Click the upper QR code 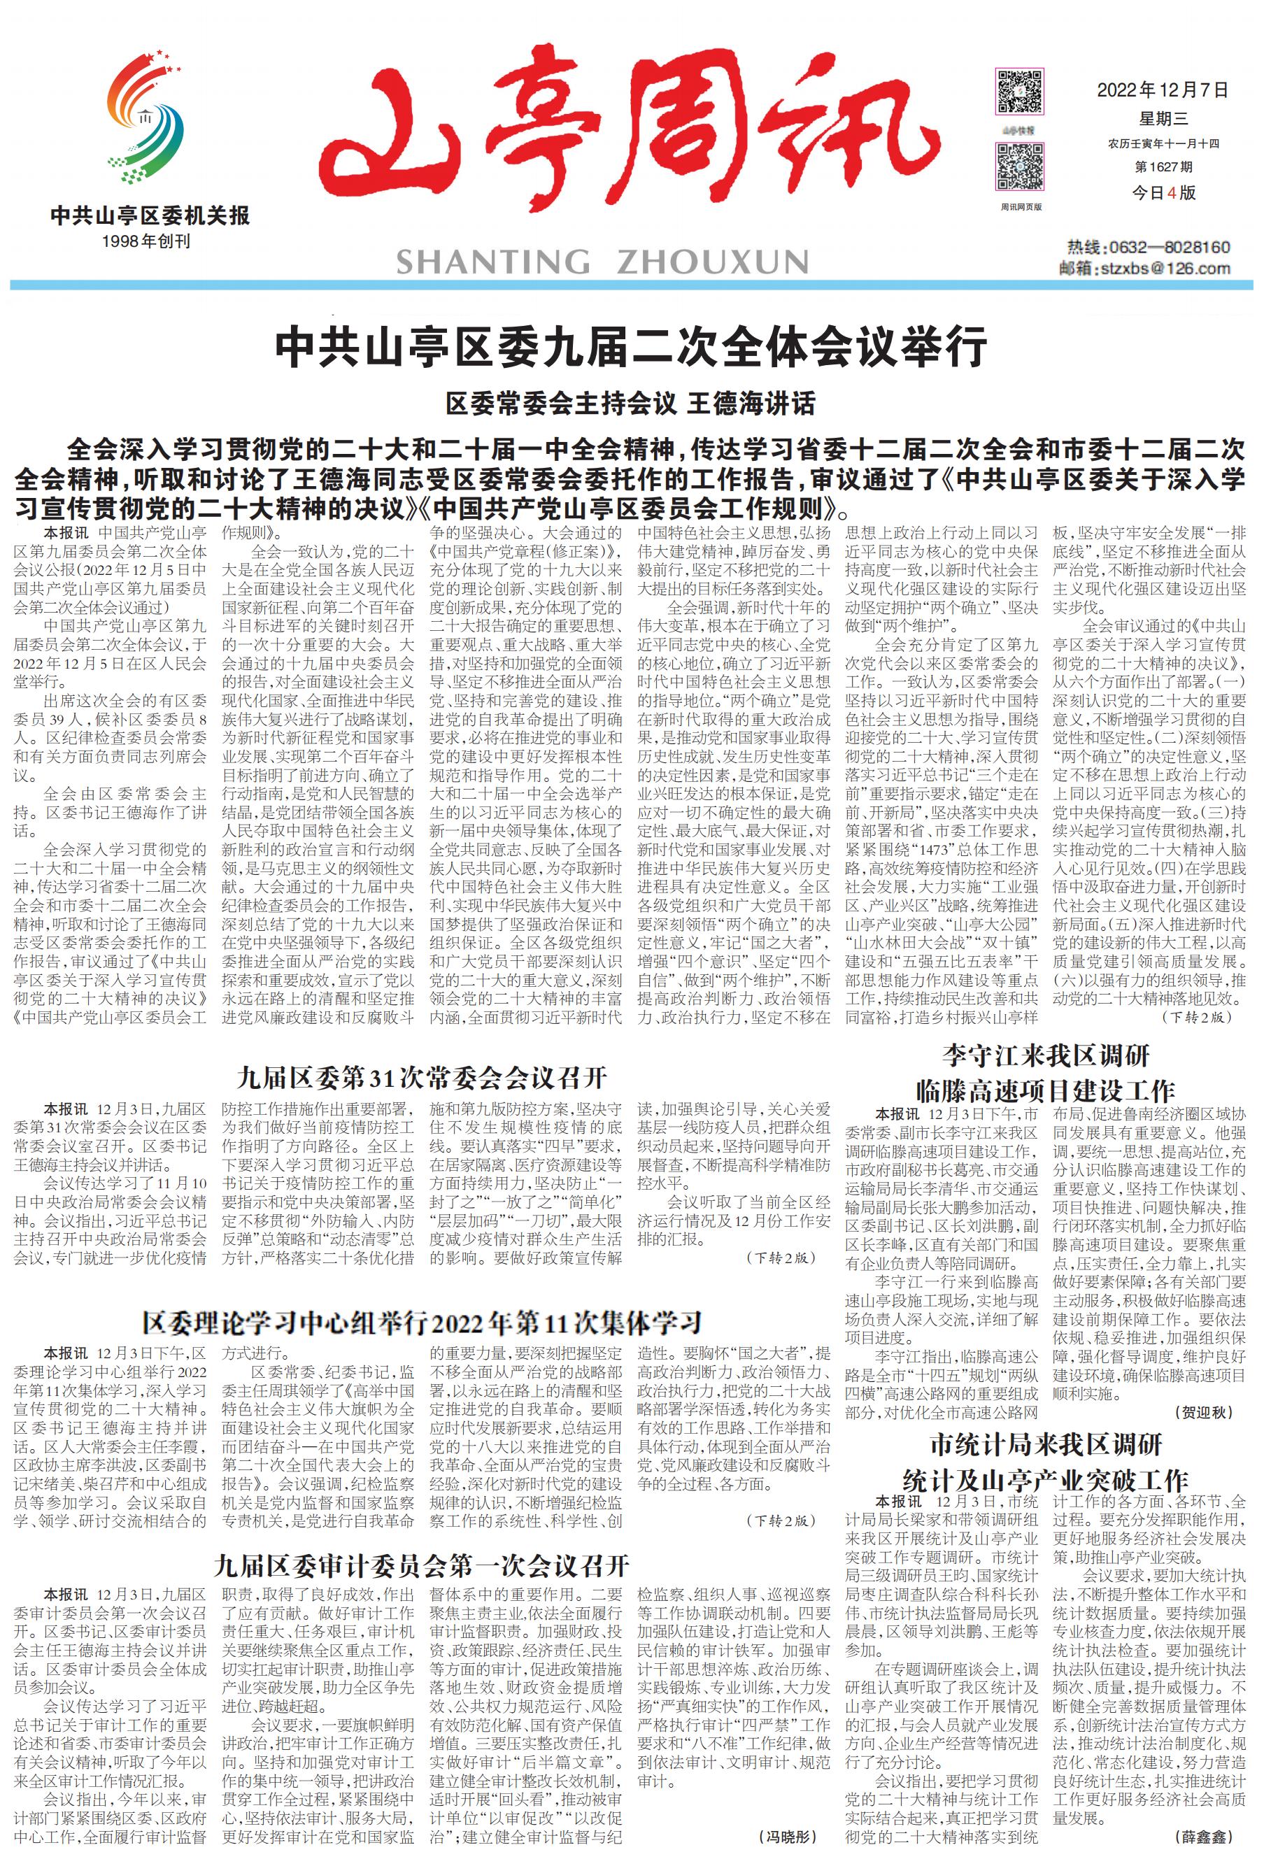point(1020,91)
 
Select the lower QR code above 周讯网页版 point(1020,166)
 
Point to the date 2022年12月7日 point(1162,90)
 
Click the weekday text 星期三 point(1162,119)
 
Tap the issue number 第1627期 point(1163,167)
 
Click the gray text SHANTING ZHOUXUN point(602,262)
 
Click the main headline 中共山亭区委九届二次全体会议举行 point(631,347)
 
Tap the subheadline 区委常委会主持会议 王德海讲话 point(631,403)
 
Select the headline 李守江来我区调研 point(1046,1054)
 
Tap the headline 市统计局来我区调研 point(1046,1444)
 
